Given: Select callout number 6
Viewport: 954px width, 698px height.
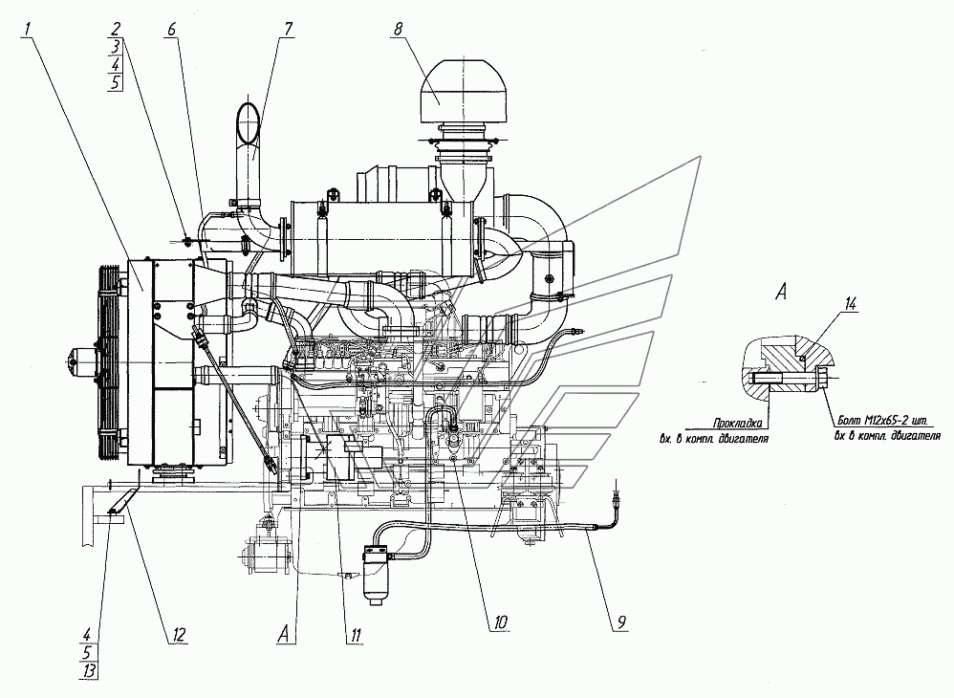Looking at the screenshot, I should coord(171,30).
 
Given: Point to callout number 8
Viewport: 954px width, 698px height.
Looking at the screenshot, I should coord(397,30).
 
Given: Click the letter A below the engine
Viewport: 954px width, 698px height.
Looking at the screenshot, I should coord(283,632).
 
